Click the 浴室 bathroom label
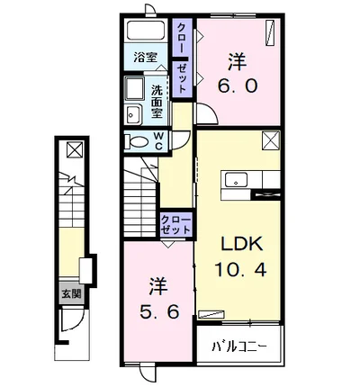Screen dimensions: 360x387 click(146, 57)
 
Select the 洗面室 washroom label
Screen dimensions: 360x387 click(157, 102)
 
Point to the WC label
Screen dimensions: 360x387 click(158, 141)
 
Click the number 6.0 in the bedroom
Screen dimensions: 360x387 click(238, 86)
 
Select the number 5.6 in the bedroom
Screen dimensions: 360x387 click(159, 311)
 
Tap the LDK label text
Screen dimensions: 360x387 click(242, 244)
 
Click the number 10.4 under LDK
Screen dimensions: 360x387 click(240, 269)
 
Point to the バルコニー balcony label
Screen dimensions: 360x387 click(239, 347)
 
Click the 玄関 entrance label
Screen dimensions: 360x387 click(71, 293)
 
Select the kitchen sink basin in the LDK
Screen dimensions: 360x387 click(237, 180)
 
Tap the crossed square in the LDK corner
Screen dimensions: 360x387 click(271, 140)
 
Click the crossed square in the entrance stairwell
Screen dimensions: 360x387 click(75, 149)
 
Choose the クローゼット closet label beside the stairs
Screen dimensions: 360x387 click(175, 225)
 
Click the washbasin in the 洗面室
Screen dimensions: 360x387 click(133, 114)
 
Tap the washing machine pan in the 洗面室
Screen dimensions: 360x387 click(134, 88)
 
